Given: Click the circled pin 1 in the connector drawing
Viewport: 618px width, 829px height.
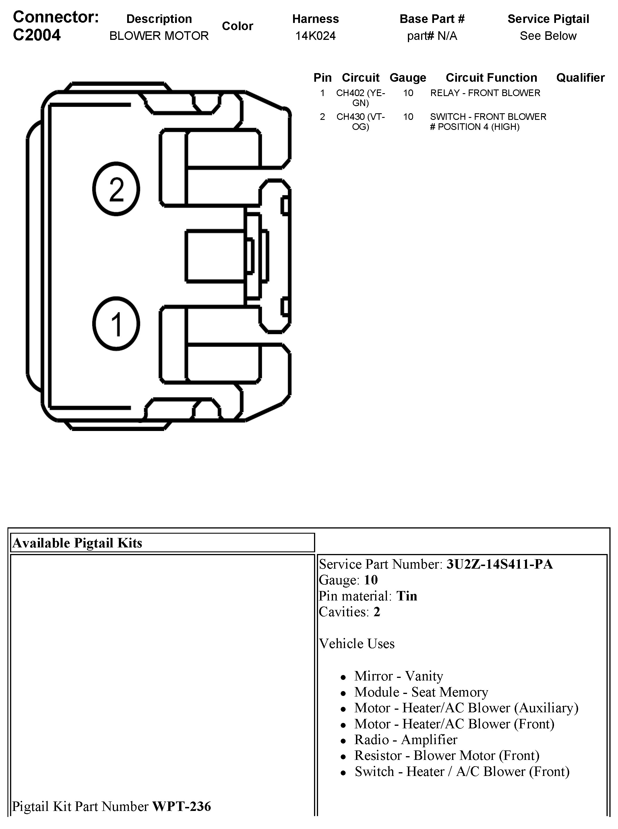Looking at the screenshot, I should tap(116, 324).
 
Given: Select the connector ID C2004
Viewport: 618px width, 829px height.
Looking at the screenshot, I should tap(37, 35).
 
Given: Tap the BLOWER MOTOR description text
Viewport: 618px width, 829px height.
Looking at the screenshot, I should tap(159, 36).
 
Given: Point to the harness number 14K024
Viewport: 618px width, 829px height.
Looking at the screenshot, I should tap(315, 36).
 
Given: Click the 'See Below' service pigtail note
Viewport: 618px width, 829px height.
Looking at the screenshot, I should tap(548, 36).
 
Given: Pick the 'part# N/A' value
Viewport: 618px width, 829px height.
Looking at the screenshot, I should tap(432, 36).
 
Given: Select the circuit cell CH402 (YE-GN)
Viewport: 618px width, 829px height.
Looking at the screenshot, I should tap(360, 97).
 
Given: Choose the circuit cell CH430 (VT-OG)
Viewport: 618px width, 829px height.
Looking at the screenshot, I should tap(360, 122).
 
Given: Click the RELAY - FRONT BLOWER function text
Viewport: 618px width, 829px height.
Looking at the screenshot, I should tap(485, 93).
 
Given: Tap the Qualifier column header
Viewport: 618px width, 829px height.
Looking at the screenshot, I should tap(580, 78).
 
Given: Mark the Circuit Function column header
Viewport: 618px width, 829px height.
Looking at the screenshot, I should tap(491, 78).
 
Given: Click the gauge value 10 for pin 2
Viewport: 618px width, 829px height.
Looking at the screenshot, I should tap(408, 117).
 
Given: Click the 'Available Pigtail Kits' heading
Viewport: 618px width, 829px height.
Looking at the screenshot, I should tap(78, 543).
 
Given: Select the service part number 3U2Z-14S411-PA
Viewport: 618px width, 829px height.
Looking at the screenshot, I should tap(499, 564).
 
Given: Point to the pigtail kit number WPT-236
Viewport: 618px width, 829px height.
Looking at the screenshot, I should tap(181, 806).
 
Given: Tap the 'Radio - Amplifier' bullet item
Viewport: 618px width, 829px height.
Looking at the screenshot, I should tap(406, 740).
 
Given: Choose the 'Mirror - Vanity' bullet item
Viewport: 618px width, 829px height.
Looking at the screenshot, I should tap(398, 676).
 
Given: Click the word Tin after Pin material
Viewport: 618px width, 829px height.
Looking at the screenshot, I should tap(407, 596).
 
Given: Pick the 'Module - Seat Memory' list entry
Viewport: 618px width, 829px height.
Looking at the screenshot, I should tap(421, 692).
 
